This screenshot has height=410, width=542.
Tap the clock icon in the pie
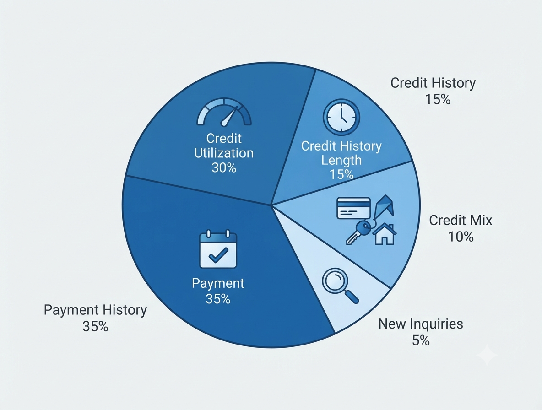(341, 117)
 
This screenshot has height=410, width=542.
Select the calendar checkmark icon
(218, 249)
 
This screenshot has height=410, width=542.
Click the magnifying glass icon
(340, 286)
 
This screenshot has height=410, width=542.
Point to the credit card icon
(353, 208)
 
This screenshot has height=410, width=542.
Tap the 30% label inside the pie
(224, 168)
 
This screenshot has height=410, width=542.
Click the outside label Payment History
(95, 310)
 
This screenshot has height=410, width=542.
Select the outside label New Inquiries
(421, 324)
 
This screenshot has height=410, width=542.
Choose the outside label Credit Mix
(461, 220)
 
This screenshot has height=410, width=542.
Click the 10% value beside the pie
(461, 237)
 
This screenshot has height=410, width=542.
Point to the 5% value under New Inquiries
(421, 340)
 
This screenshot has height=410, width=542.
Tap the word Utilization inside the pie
(224, 153)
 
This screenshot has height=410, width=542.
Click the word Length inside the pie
(341, 161)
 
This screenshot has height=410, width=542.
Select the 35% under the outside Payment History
(95, 326)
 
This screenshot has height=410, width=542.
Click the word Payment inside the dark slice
(218, 283)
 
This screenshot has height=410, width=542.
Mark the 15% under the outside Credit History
(438, 99)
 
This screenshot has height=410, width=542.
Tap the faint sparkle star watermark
(487, 355)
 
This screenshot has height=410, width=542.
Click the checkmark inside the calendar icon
(218, 255)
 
